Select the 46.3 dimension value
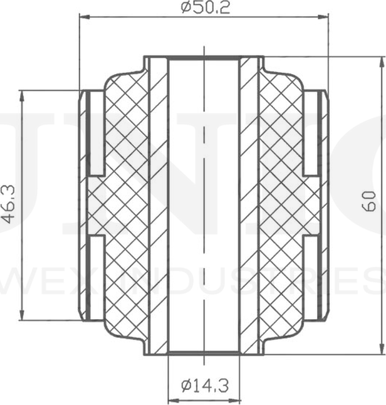click(9, 204)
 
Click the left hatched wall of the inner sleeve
click(158, 204)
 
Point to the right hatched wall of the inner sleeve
click(249, 204)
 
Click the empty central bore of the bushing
click(204, 204)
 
